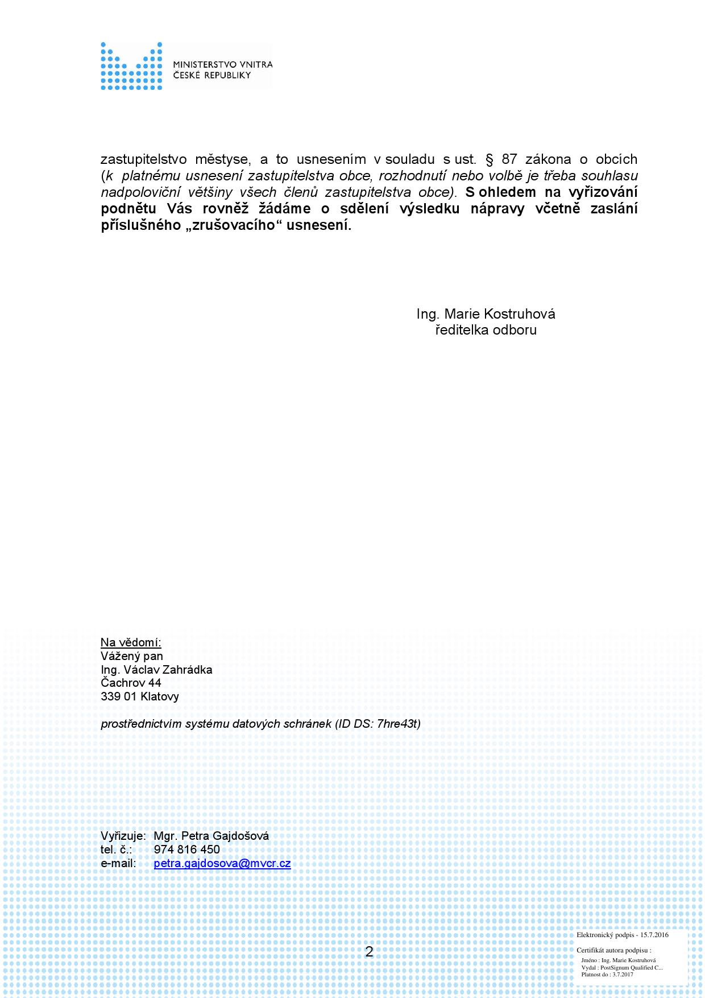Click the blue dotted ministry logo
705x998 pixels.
131,66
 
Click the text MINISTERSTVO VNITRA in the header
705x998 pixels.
222,65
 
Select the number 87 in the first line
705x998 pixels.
509,159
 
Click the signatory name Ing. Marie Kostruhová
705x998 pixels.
486,314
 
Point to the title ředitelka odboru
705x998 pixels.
486,330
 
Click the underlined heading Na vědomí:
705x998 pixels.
131,642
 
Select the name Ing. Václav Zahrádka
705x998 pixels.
156,670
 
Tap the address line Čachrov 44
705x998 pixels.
131,683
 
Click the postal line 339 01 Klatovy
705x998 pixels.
140,696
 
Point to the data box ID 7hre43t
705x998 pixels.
398,724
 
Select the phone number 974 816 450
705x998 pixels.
186,849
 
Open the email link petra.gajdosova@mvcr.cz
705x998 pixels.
222,863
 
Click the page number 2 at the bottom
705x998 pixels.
369,952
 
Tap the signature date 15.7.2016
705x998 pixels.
654,935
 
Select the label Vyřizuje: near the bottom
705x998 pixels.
123,836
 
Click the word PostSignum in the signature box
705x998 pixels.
613,967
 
